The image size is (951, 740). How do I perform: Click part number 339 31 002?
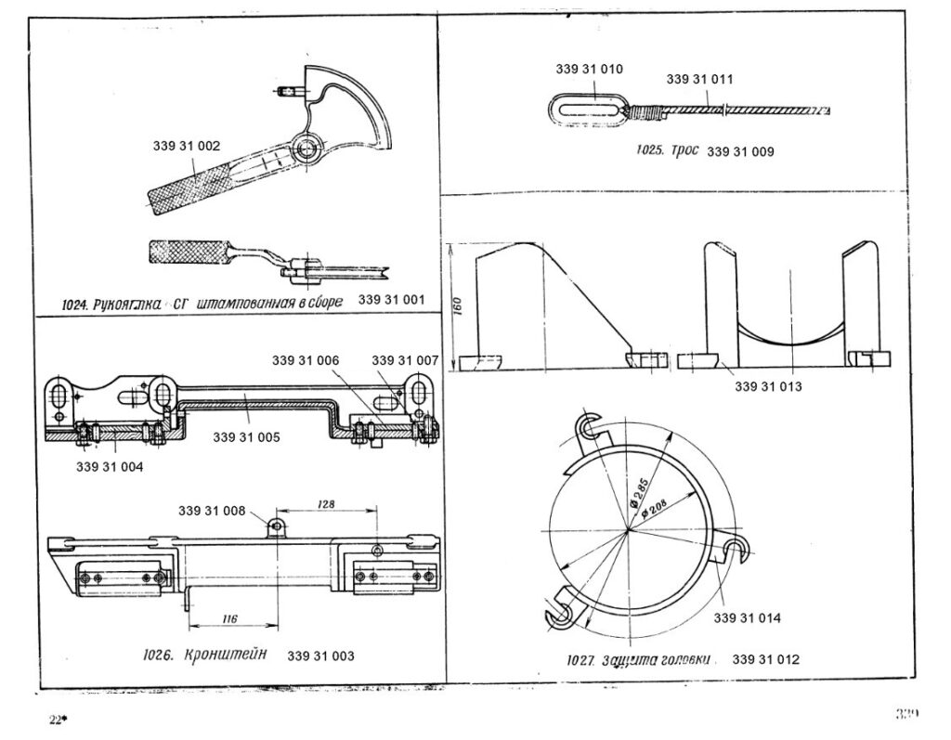tap(187, 146)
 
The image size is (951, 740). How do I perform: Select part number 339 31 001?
tap(390, 300)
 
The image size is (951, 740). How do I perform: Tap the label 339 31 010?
tap(589, 70)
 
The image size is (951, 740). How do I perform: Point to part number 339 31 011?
tap(699, 80)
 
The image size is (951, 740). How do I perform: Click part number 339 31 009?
tap(740, 151)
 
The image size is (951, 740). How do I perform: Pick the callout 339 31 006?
tap(306, 359)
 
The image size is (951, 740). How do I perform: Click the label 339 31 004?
tap(110, 466)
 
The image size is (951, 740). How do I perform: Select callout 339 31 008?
tap(212, 511)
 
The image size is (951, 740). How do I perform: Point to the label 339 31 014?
tap(748, 617)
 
